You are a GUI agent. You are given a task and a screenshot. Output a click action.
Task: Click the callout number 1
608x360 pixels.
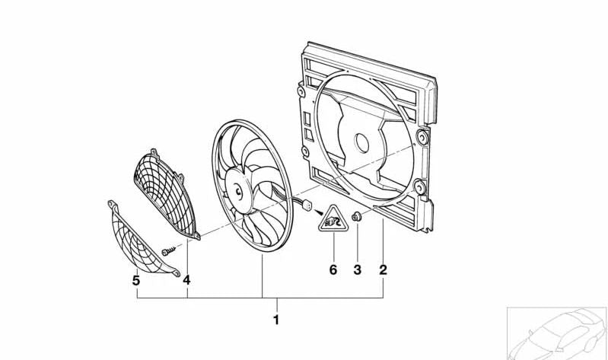(276, 320)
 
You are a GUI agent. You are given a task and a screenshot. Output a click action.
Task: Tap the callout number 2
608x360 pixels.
(383, 269)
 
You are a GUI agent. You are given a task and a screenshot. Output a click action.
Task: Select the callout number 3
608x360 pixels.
(357, 269)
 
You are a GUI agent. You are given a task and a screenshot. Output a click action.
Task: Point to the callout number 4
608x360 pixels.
(186, 280)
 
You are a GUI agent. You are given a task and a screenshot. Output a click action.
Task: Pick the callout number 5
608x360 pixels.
(136, 280)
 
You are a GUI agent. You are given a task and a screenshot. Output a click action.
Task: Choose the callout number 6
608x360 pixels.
(333, 269)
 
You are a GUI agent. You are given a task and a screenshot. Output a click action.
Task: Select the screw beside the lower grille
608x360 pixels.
(167, 249)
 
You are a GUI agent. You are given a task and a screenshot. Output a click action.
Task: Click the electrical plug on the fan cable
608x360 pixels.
(309, 205)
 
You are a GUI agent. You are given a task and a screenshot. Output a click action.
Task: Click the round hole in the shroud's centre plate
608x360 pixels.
(361, 142)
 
